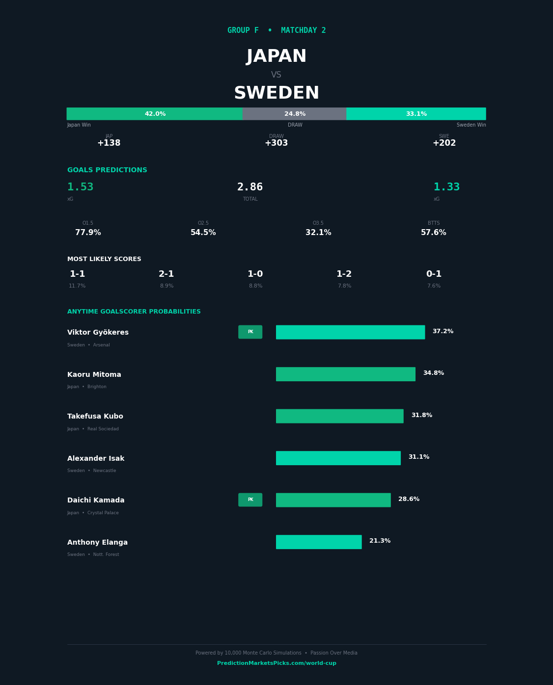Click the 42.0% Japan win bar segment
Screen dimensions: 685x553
pos(155,114)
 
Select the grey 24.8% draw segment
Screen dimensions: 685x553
pos(295,114)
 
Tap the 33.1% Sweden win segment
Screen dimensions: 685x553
pos(416,114)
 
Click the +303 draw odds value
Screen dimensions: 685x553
pos(276,143)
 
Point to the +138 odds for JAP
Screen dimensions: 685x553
pos(109,143)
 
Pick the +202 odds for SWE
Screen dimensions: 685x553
pos(444,143)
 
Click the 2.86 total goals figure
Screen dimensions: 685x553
pos(250,187)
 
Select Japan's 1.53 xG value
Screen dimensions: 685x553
pos(81,187)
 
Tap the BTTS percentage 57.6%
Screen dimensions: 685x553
pos(433,233)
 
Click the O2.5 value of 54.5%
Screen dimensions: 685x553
pos(203,233)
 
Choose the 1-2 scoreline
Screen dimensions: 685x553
pos(344,274)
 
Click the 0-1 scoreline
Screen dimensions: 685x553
pos(434,274)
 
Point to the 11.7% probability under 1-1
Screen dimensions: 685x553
pos(77,286)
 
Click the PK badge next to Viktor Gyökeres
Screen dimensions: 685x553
pos(250,332)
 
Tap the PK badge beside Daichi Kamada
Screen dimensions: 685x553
pos(250,500)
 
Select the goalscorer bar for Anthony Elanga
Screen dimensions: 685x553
pos(319,542)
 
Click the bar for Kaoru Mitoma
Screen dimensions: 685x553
pos(345,374)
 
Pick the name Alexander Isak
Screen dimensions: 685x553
pos(96,459)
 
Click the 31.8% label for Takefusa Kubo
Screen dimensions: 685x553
pos(421,416)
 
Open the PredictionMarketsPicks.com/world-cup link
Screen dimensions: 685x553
pos(276,663)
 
